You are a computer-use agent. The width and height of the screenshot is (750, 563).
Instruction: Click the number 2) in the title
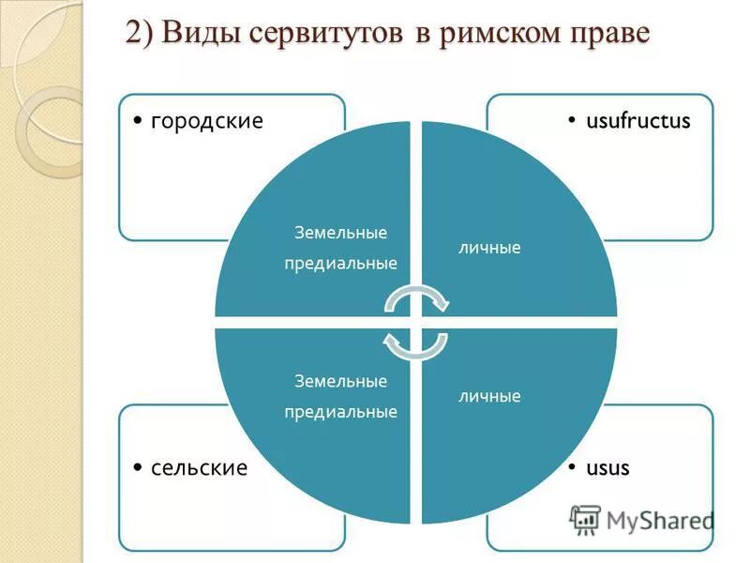[141, 34]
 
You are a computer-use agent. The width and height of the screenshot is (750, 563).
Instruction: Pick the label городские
[206, 121]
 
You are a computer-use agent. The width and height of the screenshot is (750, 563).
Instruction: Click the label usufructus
[637, 121]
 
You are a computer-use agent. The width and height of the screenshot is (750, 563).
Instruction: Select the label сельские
[199, 467]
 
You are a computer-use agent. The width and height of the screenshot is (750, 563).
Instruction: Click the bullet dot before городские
[138, 122]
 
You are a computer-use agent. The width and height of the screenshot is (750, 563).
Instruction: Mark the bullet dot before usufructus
[573, 122]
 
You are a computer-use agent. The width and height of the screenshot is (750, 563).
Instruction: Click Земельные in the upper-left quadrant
[340, 233]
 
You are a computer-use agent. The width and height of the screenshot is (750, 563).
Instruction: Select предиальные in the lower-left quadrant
[340, 411]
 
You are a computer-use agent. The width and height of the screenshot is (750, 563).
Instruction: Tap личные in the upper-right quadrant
[489, 249]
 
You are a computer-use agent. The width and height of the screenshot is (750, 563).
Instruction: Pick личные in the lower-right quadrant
[489, 396]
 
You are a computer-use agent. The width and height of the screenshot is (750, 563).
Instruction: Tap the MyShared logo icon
[585, 519]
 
